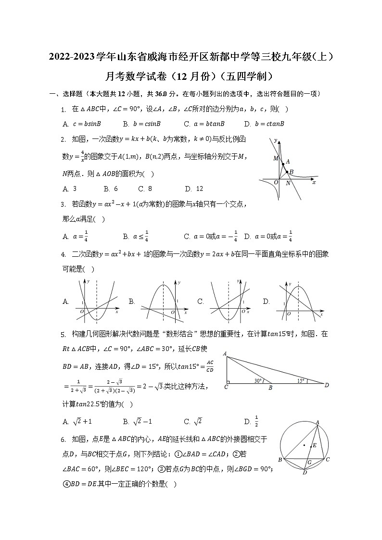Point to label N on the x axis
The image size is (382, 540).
pos(288,183)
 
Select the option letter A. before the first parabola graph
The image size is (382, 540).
pos(65,302)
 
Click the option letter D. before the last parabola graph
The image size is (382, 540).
pos(266,302)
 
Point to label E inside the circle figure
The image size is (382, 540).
pos(315,445)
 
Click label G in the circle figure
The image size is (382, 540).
pos(309,463)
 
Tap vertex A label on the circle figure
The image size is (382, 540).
pos(318,423)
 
